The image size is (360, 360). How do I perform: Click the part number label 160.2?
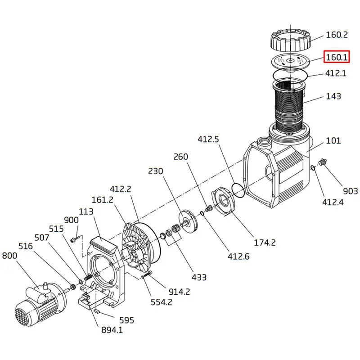[337, 35]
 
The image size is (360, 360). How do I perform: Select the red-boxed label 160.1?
[337, 57]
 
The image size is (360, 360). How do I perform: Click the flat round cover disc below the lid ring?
[291, 61]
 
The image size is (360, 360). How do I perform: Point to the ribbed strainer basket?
[290, 108]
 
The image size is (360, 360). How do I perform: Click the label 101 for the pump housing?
[333, 140]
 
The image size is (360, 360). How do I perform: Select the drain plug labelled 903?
[322, 162]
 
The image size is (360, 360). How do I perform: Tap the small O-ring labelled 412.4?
[313, 168]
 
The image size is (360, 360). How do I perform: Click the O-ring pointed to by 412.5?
[238, 190]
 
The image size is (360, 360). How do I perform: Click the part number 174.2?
[265, 243]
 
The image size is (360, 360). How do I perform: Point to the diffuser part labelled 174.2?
[223, 201]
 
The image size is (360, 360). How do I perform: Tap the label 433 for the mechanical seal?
[199, 277]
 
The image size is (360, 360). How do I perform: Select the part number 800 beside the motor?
[9, 256]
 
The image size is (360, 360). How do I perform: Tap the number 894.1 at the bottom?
[112, 330]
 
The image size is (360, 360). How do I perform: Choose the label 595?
[126, 320]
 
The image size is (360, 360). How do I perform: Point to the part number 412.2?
[121, 189]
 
